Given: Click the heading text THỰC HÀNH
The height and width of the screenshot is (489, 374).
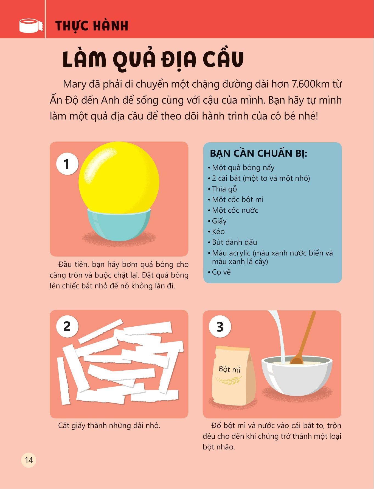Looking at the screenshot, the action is (92, 26).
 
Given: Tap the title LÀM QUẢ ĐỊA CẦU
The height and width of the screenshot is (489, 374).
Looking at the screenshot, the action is (153, 59).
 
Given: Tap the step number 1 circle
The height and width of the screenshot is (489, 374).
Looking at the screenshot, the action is (67, 164).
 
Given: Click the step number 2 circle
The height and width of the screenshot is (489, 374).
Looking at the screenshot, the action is (67, 327).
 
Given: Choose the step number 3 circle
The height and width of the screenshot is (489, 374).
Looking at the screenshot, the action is (220, 327).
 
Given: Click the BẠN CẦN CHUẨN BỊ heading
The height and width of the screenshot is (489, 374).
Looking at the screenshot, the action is (258, 154).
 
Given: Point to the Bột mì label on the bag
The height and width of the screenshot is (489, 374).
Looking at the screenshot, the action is (230, 369).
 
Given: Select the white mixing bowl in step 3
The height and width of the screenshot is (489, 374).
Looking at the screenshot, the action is (297, 376).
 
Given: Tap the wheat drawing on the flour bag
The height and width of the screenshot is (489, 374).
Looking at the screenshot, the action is (228, 380).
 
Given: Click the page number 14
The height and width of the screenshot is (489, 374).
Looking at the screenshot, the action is (29, 460).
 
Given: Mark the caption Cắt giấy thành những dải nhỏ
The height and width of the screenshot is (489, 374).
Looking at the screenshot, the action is (109, 426).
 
